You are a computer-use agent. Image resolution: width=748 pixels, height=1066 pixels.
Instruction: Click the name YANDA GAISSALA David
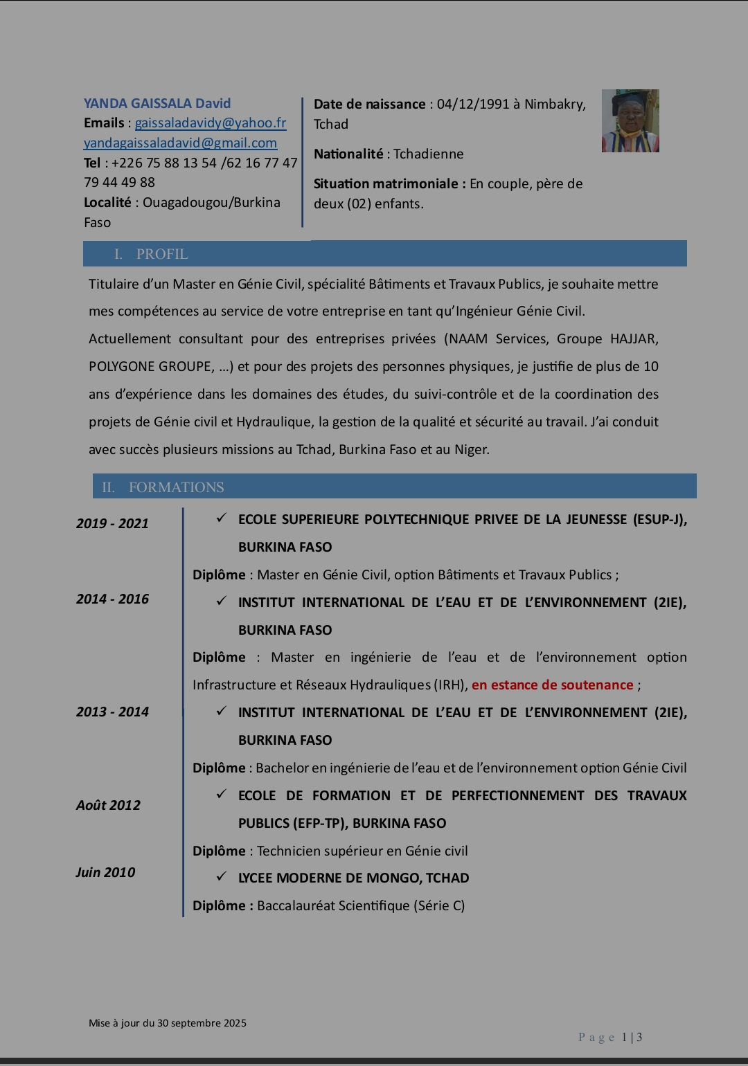click(x=157, y=104)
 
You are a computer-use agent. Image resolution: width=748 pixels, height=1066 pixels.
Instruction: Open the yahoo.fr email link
click(x=211, y=123)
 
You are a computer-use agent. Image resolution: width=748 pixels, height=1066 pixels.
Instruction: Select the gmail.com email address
click(x=180, y=143)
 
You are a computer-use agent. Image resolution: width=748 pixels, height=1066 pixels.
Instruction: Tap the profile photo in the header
click(x=630, y=120)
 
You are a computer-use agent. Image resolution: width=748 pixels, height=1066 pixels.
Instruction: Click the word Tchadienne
click(x=429, y=154)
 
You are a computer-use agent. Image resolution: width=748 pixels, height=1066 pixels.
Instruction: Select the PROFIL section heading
click(x=161, y=254)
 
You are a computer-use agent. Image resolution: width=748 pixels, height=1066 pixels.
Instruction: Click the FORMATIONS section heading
click(x=176, y=487)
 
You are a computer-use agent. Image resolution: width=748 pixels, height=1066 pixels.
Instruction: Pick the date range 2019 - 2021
click(x=112, y=524)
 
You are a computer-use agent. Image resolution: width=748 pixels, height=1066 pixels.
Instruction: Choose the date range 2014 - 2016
click(x=112, y=599)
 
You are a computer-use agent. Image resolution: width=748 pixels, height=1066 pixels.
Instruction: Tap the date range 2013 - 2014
click(x=112, y=712)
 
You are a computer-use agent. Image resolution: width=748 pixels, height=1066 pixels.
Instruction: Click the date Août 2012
click(x=108, y=806)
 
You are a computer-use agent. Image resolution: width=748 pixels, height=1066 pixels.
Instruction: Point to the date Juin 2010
click(x=105, y=873)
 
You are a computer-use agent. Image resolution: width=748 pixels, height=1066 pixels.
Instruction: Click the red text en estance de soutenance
click(x=553, y=685)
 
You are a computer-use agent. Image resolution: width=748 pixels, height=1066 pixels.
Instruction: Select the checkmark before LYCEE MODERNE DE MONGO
click(x=222, y=877)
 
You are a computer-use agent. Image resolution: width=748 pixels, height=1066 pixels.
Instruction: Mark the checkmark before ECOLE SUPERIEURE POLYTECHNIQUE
click(x=222, y=518)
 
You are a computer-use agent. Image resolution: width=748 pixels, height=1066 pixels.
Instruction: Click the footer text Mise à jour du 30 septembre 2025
click(x=168, y=1023)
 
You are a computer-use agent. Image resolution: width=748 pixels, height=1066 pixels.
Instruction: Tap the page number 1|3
click(x=632, y=1037)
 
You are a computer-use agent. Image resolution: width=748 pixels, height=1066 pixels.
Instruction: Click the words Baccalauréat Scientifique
click(x=334, y=906)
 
